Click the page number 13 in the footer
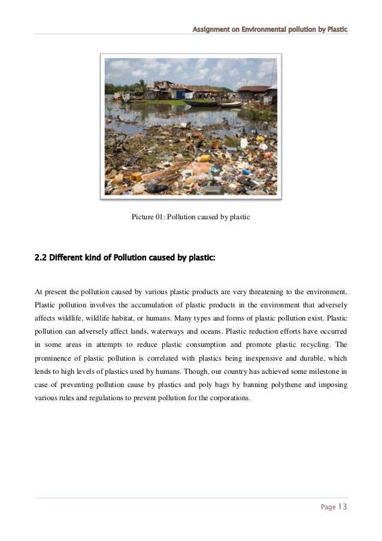click(x=341, y=506)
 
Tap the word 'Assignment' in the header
click(x=211, y=29)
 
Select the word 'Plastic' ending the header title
click(x=335, y=29)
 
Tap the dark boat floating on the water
click(x=198, y=102)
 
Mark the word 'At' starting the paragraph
click(x=39, y=292)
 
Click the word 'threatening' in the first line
click(x=253, y=292)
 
